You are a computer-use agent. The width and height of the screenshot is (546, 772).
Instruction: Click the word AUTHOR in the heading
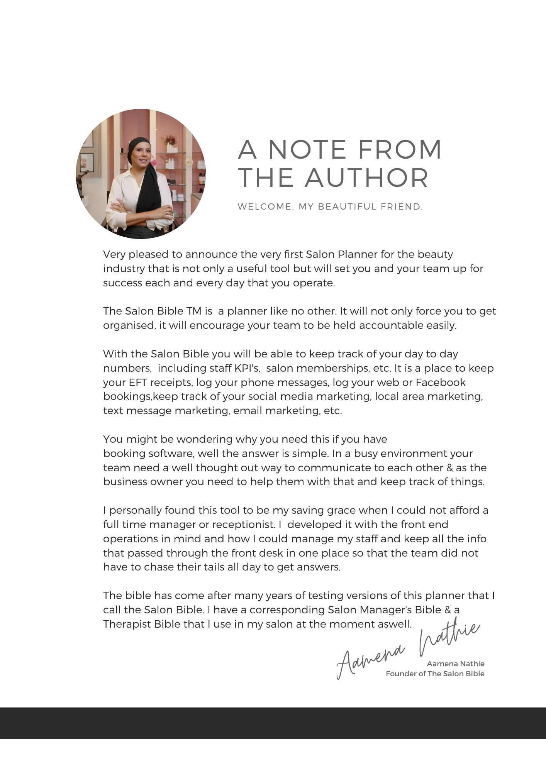pos(367,178)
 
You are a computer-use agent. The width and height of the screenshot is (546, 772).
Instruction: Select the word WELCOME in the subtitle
pos(265,207)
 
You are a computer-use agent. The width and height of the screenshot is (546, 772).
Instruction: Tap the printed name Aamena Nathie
pos(455,664)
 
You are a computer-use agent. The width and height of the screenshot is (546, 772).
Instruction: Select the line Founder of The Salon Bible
pos(435,674)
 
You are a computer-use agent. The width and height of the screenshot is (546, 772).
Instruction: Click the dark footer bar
pos(273,723)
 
